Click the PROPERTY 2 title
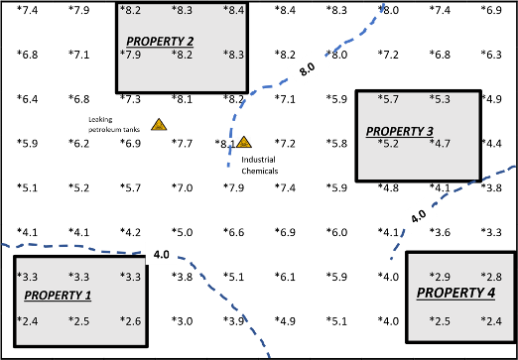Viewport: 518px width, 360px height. point(160,41)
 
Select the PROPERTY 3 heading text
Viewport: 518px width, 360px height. point(399,131)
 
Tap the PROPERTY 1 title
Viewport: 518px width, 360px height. point(58,296)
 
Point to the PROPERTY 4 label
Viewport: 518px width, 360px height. point(455,293)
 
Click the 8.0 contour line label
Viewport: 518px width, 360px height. point(307,70)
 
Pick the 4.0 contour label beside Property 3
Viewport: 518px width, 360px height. point(418,214)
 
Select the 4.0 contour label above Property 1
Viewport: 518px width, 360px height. point(161,255)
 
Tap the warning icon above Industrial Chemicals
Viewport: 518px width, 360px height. point(243,142)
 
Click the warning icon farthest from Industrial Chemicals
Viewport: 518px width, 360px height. point(158,124)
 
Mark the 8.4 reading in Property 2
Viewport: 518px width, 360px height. point(233,10)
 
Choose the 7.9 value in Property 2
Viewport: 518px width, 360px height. point(130,55)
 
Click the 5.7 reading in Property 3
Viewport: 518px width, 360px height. point(388,99)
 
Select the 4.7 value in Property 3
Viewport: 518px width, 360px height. point(440,144)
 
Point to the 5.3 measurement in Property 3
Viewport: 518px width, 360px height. point(440,99)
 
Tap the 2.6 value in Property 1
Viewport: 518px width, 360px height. point(130,320)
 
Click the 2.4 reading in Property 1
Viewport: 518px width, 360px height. point(28,320)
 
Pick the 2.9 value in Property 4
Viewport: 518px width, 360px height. point(440,276)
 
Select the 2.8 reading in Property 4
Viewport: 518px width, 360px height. point(491,276)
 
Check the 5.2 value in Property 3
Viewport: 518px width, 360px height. point(388,144)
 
